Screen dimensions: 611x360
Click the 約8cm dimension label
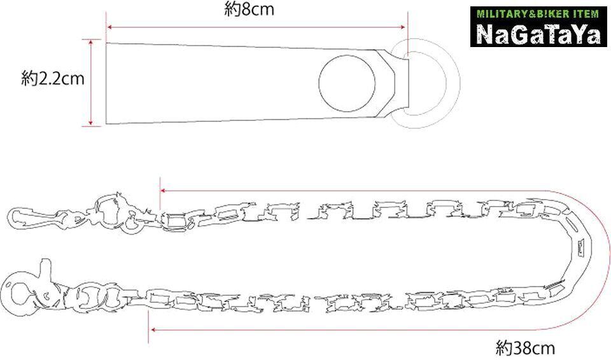tap(249, 9)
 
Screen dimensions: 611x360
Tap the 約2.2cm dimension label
tap(53, 79)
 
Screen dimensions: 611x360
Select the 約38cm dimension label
tap(525, 347)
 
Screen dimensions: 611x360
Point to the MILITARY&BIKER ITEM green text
tap(538, 15)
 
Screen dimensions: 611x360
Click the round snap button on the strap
tap(347, 83)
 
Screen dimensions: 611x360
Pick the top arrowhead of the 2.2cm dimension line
tap(91, 43)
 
